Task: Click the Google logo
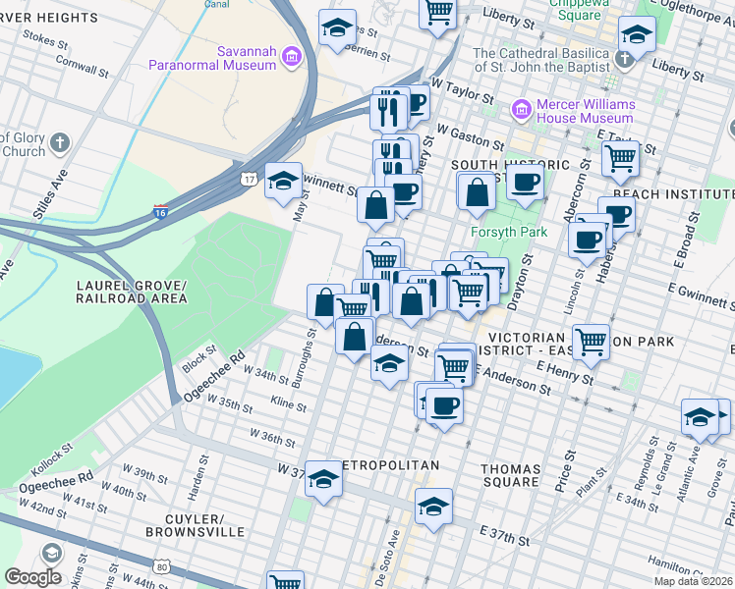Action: pyautogui.click(x=32, y=577)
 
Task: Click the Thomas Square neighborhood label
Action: pyautogui.click(x=510, y=475)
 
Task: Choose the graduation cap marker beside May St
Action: pyautogui.click(x=283, y=180)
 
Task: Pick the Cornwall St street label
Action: pyautogui.click(x=82, y=64)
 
